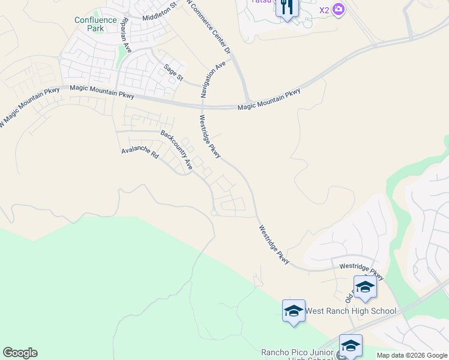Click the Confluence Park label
(96, 24)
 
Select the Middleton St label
(160, 11)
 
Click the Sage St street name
(173, 72)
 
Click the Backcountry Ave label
(176, 149)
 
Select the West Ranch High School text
(351, 311)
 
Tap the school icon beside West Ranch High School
(294, 311)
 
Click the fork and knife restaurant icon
(287, 7)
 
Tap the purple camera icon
(339, 9)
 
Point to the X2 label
(324, 10)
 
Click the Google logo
(20, 353)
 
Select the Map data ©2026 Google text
(412, 355)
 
